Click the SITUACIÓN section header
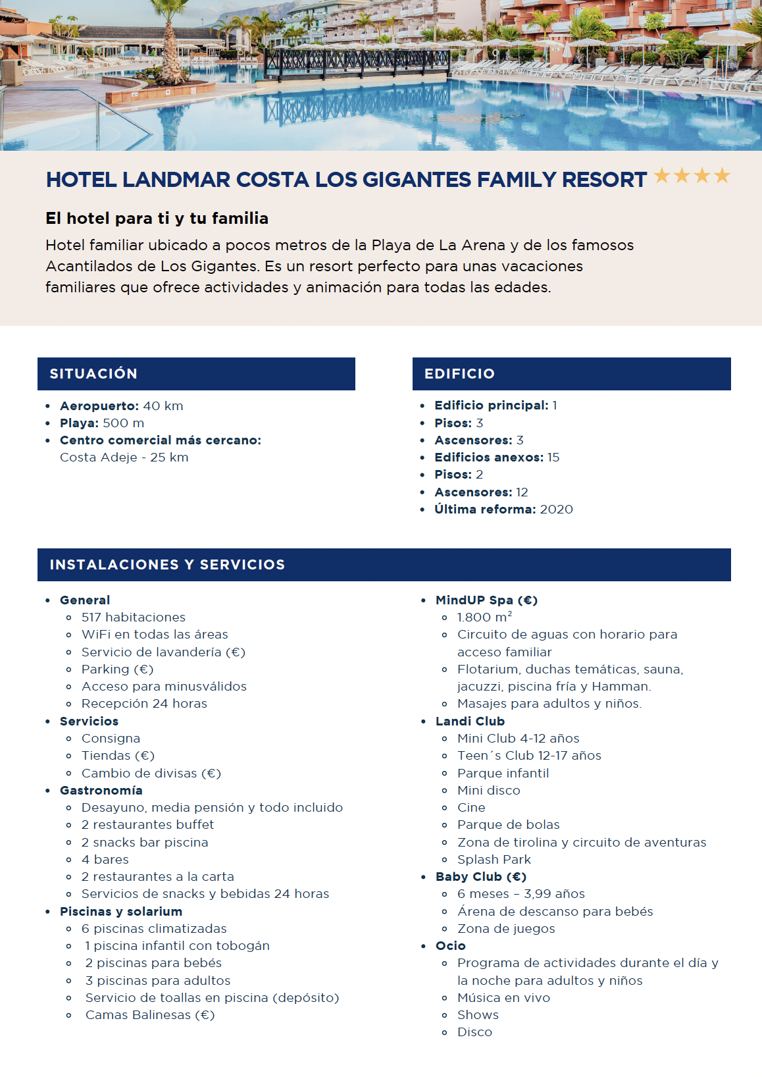(x=93, y=374)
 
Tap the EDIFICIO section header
(x=459, y=374)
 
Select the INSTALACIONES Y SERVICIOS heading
(x=167, y=565)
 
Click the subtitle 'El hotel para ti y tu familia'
(x=157, y=219)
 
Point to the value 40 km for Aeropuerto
(x=163, y=406)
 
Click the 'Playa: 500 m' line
(x=102, y=423)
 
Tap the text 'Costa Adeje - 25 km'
(x=124, y=458)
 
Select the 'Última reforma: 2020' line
(x=503, y=510)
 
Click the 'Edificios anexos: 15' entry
(x=497, y=458)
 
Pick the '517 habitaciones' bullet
(x=134, y=617)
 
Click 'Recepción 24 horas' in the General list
(x=144, y=704)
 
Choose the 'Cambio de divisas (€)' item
(x=151, y=774)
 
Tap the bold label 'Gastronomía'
(x=101, y=791)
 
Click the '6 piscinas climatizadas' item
(x=154, y=929)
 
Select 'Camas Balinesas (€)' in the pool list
(x=150, y=1015)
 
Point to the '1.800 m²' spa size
(x=484, y=617)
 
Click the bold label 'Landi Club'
(x=470, y=722)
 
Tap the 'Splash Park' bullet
(x=494, y=860)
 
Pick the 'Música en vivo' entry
(x=503, y=998)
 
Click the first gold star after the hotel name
(x=662, y=176)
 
